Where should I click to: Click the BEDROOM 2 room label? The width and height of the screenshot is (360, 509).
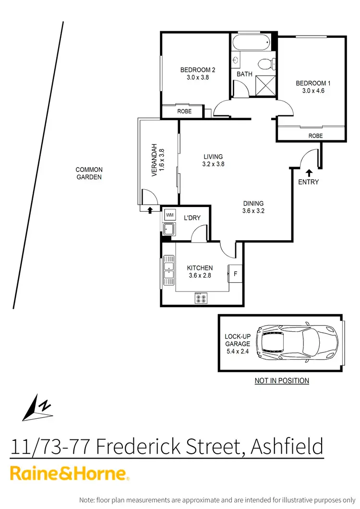point(194,69)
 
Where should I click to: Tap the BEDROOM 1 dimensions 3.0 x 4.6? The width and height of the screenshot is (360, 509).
point(313,90)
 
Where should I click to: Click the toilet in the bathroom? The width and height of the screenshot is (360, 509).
point(265,64)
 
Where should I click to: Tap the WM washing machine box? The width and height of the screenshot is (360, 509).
point(170,214)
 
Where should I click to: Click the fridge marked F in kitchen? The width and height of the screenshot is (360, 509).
point(235,274)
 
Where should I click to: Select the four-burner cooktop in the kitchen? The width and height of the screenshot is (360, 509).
point(201,298)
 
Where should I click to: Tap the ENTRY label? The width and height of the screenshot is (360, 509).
point(308,182)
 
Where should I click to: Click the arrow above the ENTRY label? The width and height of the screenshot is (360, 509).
point(308,172)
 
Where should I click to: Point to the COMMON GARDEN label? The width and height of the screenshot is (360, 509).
point(89,173)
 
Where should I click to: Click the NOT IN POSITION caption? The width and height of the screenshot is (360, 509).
point(281,381)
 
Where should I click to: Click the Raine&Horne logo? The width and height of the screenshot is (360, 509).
point(70,473)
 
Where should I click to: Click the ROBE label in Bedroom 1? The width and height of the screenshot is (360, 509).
point(315,136)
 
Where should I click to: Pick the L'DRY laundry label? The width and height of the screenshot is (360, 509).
point(192,218)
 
